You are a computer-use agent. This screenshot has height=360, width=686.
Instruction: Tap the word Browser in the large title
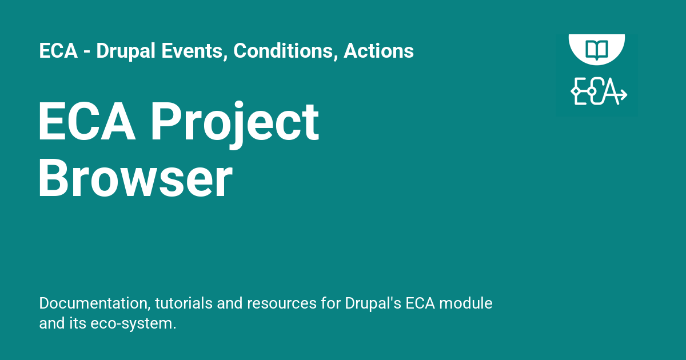click(x=135, y=179)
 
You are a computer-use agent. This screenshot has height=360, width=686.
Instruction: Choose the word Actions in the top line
click(x=378, y=51)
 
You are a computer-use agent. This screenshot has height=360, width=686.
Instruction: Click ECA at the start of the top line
click(x=58, y=51)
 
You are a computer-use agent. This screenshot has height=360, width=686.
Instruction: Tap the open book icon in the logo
click(x=597, y=47)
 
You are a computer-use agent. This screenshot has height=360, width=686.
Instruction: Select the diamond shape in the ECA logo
click(x=576, y=92)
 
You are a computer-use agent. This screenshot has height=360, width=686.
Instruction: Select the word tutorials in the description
click(x=184, y=303)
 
